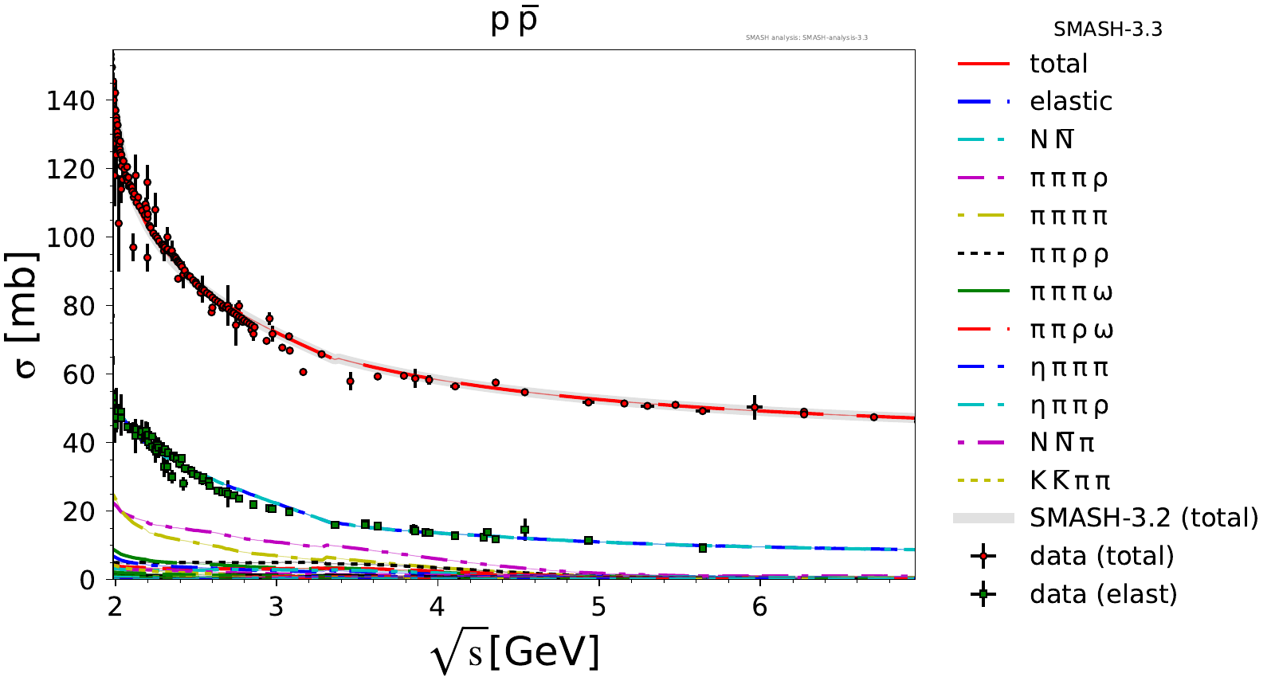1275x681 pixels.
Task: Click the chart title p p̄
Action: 514,21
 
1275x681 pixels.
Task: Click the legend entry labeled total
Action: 1058,64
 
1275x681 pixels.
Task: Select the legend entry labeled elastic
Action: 1070,101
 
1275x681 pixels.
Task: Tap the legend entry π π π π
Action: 1069,216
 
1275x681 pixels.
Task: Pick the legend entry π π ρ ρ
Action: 1069,254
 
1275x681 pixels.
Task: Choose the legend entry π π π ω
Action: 1071,292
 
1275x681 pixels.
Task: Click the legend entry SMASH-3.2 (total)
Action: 1144,518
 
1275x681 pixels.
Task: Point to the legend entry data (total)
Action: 1101,556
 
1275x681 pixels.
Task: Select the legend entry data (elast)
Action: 1103,594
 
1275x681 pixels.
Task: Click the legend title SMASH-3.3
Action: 1108,29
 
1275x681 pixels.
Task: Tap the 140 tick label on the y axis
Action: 70,100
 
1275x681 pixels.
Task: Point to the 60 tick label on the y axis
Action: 78,374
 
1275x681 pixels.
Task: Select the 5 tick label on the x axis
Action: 598,607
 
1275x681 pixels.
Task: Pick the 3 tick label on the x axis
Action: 276,607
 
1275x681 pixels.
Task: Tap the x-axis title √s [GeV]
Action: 515,653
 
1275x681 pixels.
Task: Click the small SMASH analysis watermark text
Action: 806,37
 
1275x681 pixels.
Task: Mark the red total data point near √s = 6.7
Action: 873,417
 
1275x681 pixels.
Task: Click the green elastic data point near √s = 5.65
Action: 702,548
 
